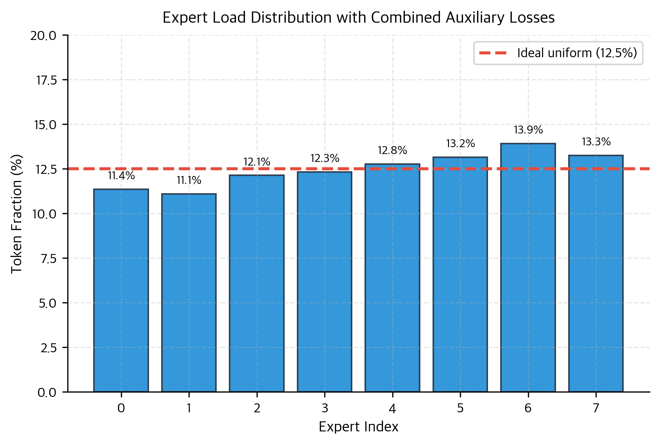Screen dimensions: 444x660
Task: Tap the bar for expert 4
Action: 392,277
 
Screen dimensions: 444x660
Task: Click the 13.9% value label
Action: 528,130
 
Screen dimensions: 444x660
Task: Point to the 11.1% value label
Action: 189,180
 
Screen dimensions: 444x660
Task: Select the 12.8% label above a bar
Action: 392,150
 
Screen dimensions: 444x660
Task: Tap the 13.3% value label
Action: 596,142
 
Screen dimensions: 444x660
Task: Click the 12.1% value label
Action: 257,162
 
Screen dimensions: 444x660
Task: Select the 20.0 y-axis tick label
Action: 44,36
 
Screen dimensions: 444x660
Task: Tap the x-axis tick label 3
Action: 325,408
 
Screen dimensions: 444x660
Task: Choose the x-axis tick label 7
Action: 596,408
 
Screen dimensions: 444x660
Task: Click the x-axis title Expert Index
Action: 358,427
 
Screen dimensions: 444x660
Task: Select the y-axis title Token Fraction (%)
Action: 17,214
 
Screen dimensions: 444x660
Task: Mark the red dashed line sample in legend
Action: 493,53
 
